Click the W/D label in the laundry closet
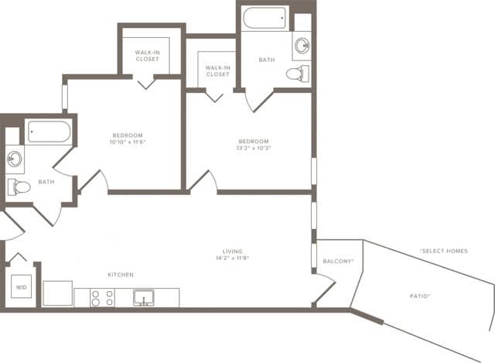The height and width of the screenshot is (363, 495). tap(20, 288)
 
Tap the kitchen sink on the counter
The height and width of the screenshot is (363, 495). tap(144, 297)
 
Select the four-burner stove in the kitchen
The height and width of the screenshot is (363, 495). tap(102, 297)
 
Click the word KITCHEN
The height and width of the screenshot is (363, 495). tap(121, 275)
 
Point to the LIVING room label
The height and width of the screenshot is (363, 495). tap(232, 252)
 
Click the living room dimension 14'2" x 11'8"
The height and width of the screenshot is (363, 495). tap(232, 259)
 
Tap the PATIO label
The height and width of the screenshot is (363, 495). tap(420, 296)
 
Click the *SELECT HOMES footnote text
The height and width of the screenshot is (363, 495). tap(443, 251)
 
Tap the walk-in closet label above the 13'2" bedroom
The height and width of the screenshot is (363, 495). tap(217, 71)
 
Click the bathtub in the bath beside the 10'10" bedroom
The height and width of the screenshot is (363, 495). tap(48, 132)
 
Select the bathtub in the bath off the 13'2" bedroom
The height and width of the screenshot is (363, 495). tap(265, 17)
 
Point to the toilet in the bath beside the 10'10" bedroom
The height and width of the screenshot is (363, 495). tap(19, 186)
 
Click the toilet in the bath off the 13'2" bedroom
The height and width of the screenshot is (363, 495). tap(296, 74)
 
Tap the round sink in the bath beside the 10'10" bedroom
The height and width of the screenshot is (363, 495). tap(14, 159)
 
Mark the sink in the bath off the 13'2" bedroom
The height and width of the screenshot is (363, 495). tap(301, 46)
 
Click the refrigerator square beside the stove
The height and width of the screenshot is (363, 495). tap(57, 293)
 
